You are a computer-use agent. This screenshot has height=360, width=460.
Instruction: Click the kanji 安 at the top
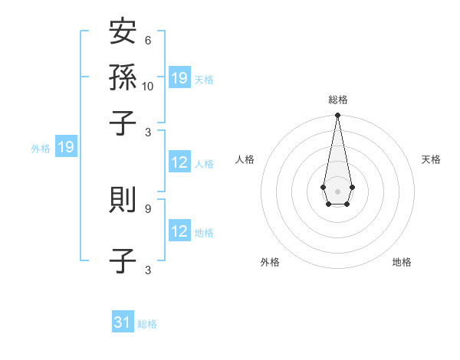click(123, 33)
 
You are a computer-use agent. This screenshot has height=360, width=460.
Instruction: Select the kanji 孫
click(123, 77)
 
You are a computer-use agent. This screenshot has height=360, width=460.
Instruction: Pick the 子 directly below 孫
click(123, 122)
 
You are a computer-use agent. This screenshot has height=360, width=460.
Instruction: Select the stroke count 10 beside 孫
click(148, 86)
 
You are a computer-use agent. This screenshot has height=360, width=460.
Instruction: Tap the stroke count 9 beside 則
click(147, 208)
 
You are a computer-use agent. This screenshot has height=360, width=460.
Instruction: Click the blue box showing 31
click(123, 322)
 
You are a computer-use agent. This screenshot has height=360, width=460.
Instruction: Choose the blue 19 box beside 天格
click(179, 78)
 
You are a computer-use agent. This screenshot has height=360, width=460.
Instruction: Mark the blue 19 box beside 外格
click(66, 147)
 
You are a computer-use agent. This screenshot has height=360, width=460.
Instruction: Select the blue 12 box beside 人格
click(179, 162)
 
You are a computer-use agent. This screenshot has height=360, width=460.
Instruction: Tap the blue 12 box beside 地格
click(179, 231)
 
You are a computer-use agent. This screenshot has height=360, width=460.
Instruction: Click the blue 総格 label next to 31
click(147, 324)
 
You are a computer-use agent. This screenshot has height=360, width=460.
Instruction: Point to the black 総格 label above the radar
click(337, 100)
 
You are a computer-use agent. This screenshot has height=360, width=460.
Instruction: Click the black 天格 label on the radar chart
click(432, 159)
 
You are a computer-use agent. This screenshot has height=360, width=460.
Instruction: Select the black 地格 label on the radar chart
click(402, 262)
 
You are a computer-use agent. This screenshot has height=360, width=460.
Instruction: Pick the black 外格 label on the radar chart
click(270, 262)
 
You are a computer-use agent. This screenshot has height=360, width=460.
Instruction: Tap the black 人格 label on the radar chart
click(245, 159)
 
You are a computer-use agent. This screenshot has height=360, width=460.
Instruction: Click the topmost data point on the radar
click(337, 116)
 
